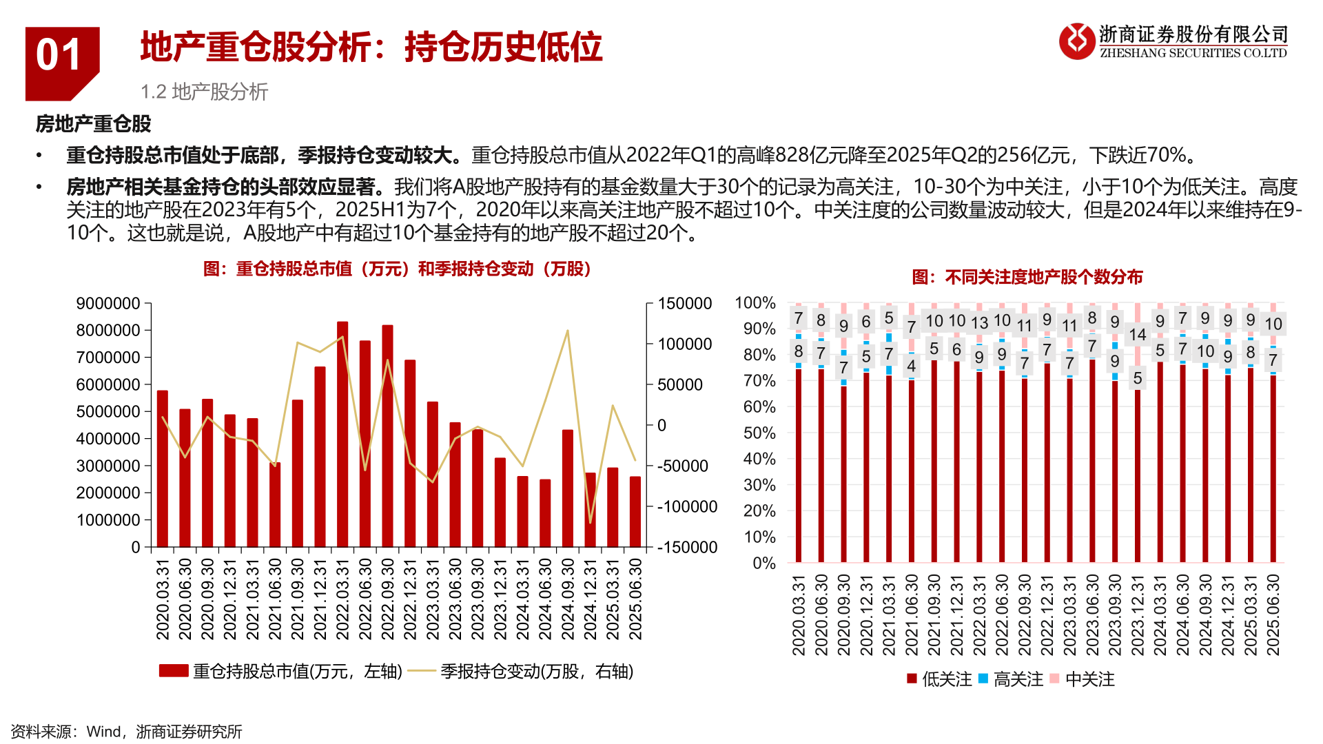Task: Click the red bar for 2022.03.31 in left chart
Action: [x=342, y=434]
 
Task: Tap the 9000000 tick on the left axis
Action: [x=108, y=304]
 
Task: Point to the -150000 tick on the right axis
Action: [x=687, y=548]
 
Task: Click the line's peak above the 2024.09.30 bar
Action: [x=568, y=331]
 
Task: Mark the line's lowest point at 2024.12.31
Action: [x=590, y=522]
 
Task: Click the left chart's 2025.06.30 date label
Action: [x=635, y=599]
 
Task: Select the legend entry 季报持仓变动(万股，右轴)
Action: [x=521, y=671]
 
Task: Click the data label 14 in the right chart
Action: [x=1138, y=335]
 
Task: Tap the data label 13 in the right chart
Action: [x=979, y=323]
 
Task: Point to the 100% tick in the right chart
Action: [x=755, y=303]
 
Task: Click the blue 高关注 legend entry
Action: [x=1010, y=679]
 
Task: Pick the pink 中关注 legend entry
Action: [x=1082, y=679]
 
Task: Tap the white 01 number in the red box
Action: [x=59, y=55]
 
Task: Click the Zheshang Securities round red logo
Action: [x=1076, y=41]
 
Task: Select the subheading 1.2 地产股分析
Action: [x=204, y=92]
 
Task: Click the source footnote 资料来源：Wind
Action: [x=126, y=732]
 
